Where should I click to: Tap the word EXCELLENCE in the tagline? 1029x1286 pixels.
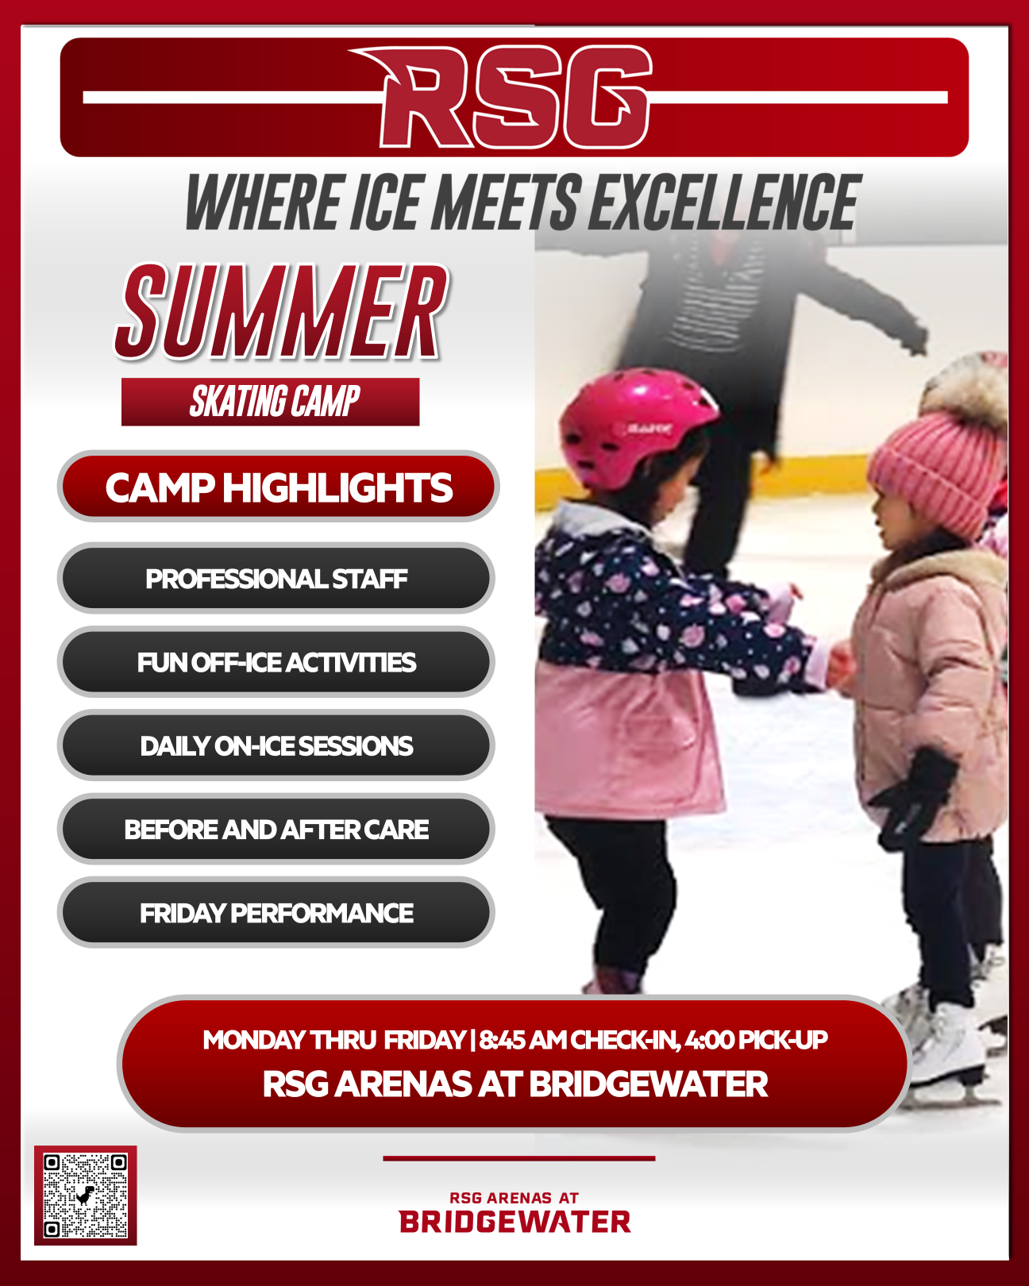point(724,202)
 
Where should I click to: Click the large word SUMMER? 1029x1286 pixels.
point(281,311)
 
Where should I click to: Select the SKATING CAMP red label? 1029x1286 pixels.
point(270,402)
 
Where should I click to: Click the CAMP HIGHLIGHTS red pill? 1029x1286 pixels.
point(279,487)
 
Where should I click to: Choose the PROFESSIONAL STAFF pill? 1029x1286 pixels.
point(276,579)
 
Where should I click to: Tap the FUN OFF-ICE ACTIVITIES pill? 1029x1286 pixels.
point(276,662)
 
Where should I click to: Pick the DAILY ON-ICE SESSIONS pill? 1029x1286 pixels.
point(276,745)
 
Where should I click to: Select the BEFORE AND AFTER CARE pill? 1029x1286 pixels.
point(276,830)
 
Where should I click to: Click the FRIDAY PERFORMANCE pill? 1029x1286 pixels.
point(276,913)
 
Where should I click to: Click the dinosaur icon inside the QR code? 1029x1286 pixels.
point(86,1196)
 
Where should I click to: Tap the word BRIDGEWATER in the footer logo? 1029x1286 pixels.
point(514,1222)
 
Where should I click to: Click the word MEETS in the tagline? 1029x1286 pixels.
point(506,202)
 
